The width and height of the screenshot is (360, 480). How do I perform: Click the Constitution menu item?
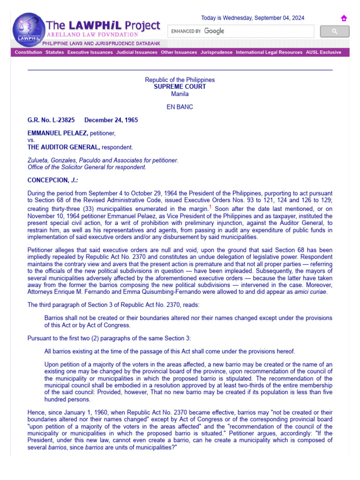[28, 52]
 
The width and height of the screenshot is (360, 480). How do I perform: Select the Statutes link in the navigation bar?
[54, 52]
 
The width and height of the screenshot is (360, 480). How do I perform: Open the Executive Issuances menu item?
[90, 52]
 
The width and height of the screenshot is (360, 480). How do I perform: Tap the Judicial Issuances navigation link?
[137, 52]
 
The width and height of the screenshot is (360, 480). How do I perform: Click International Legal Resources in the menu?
[269, 52]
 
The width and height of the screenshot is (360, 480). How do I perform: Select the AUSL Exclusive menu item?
[323, 52]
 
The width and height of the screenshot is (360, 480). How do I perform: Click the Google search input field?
[241, 31]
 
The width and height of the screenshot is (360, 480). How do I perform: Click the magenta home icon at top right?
[344, 18]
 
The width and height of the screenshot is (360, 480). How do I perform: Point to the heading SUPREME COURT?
[180, 87]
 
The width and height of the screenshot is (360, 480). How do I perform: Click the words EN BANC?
[180, 107]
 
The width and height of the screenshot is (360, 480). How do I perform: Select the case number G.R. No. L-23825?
[51, 120]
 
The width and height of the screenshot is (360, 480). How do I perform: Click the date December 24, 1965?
[111, 120]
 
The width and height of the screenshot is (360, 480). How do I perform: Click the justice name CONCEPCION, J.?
[52, 180]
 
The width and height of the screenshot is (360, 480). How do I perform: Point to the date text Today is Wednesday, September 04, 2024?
[253, 18]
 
